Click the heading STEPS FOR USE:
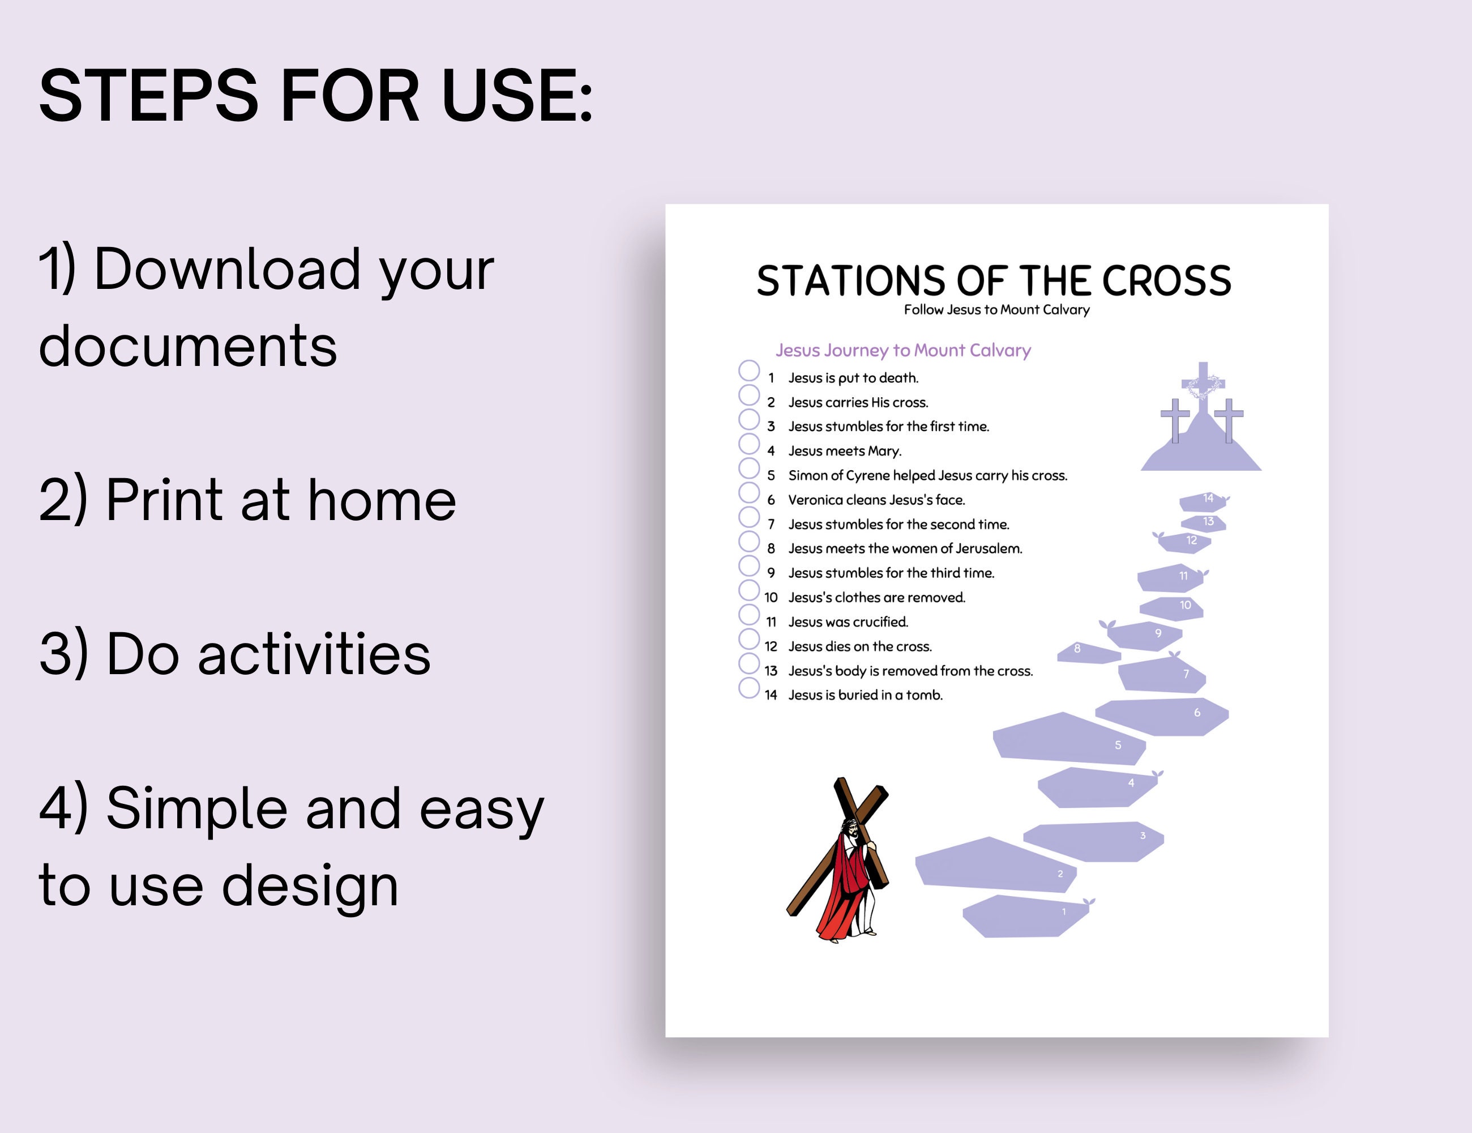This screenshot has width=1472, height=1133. click(315, 96)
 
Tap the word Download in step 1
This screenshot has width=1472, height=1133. click(227, 270)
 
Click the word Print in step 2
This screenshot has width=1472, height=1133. click(164, 500)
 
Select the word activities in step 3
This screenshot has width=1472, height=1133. click(314, 654)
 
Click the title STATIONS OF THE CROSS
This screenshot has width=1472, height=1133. click(994, 280)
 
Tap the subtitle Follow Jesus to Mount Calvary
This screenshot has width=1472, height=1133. click(996, 309)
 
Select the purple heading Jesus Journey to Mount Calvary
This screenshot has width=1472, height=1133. click(902, 350)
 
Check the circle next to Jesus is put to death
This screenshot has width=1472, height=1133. click(749, 370)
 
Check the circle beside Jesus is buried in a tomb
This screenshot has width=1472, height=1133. click(749, 688)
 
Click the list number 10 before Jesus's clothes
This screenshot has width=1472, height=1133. click(771, 598)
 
